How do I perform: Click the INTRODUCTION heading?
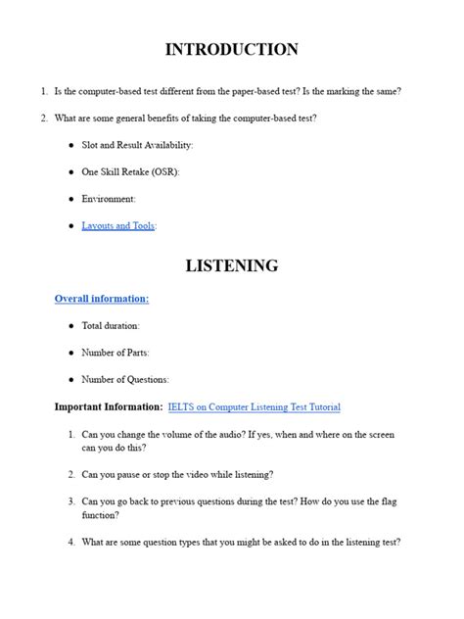231,49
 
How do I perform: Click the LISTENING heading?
231,265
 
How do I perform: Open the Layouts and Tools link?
117,225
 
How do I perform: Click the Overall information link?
102,298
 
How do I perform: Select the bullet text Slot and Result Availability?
137,145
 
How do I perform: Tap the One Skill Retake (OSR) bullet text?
130,171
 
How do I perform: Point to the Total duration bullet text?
111,325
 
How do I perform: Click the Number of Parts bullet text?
116,353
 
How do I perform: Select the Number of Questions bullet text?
125,379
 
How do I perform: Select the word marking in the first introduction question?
343,91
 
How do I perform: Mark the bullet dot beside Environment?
70,199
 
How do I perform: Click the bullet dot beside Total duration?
70,325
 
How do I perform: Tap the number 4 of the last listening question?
71,542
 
